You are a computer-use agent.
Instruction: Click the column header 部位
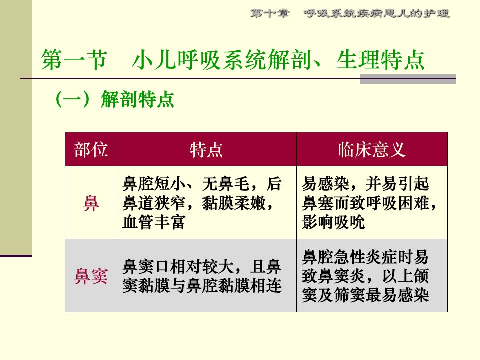click(x=91, y=150)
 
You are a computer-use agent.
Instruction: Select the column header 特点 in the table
click(x=206, y=150)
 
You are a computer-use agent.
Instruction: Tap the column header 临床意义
click(x=372, y=150)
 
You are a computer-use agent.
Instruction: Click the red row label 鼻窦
click(x=91, y=276)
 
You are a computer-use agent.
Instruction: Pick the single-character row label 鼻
click(x=91, y=203)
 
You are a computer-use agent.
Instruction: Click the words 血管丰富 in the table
click(x=154, y=222)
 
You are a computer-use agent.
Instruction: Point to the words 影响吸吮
click(x=333, y=222)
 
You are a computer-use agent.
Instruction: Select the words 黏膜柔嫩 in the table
click(x=234, y=203)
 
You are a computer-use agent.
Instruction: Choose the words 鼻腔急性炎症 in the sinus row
click(x=349, y=257)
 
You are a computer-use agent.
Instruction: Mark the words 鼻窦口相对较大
click(x=178, y=267)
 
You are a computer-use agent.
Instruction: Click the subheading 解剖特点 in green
click(x=137, y=99)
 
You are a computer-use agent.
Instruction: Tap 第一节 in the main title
click(x=74, y=59)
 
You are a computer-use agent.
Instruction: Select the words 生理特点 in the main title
click(x=381, y=59)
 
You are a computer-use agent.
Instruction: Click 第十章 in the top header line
click(x=269, y=13)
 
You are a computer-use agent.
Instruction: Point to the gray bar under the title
click(x=408, y=79)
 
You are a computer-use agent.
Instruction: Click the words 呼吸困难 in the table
click(x=397, y=203)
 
